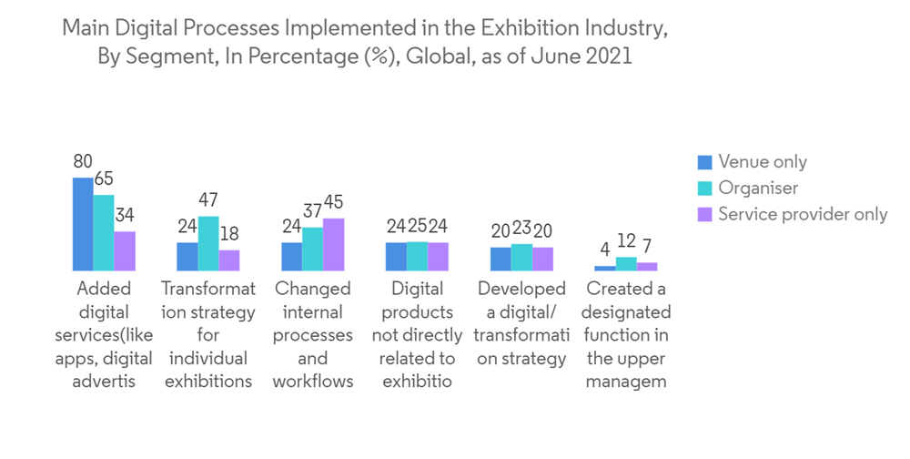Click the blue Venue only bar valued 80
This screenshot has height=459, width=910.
coord(83,224)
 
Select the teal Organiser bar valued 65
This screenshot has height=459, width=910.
coord(104,233)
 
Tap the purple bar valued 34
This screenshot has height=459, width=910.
coord(125,251)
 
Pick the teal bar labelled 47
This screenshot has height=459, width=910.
coord(208,244)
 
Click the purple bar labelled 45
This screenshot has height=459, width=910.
coord(333,245)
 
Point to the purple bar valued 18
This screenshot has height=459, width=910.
coord(229,260)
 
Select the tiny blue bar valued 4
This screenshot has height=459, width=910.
coord(604,269)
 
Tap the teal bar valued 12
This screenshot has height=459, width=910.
coord(626,264)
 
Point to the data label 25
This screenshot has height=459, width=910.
coord(417,227)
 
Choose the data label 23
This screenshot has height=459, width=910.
coord(521,231)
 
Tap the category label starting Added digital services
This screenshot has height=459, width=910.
coord(104,334)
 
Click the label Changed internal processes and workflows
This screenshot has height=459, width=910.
coord(312,334)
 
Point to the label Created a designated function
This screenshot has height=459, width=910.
coord(627,334)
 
